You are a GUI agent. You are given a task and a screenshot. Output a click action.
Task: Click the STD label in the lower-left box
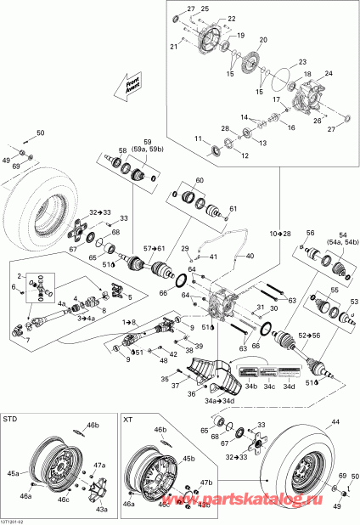click(11, 420)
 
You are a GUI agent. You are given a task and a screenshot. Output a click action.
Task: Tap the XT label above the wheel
click(128, 420)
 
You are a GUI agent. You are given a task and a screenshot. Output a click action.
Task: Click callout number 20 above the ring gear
click(262, 40)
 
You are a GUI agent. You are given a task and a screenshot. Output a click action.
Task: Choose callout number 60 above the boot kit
click(200, 182)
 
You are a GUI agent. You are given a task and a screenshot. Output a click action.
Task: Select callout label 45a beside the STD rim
click(13, 474)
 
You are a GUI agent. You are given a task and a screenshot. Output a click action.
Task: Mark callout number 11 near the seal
click(198, 138)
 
